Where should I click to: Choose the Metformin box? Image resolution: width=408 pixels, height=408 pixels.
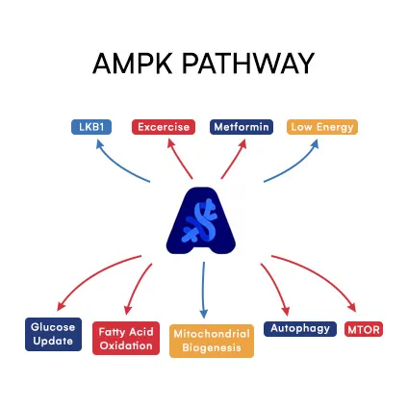pyautogui.click(x=242, y=126)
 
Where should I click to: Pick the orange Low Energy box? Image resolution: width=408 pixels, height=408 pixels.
pyautogui.click(x=322, y=126)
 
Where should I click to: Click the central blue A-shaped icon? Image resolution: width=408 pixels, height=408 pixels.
pyautogui.click(x=203, y=219)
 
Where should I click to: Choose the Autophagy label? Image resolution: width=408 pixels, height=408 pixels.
pyautogui.click(x=299, y=329)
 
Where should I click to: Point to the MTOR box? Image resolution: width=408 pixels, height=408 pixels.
pyautogui.click(x=363, y=329)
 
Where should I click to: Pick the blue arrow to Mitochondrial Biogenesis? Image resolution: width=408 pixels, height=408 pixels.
pyautogui.click(x=203, y=289)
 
